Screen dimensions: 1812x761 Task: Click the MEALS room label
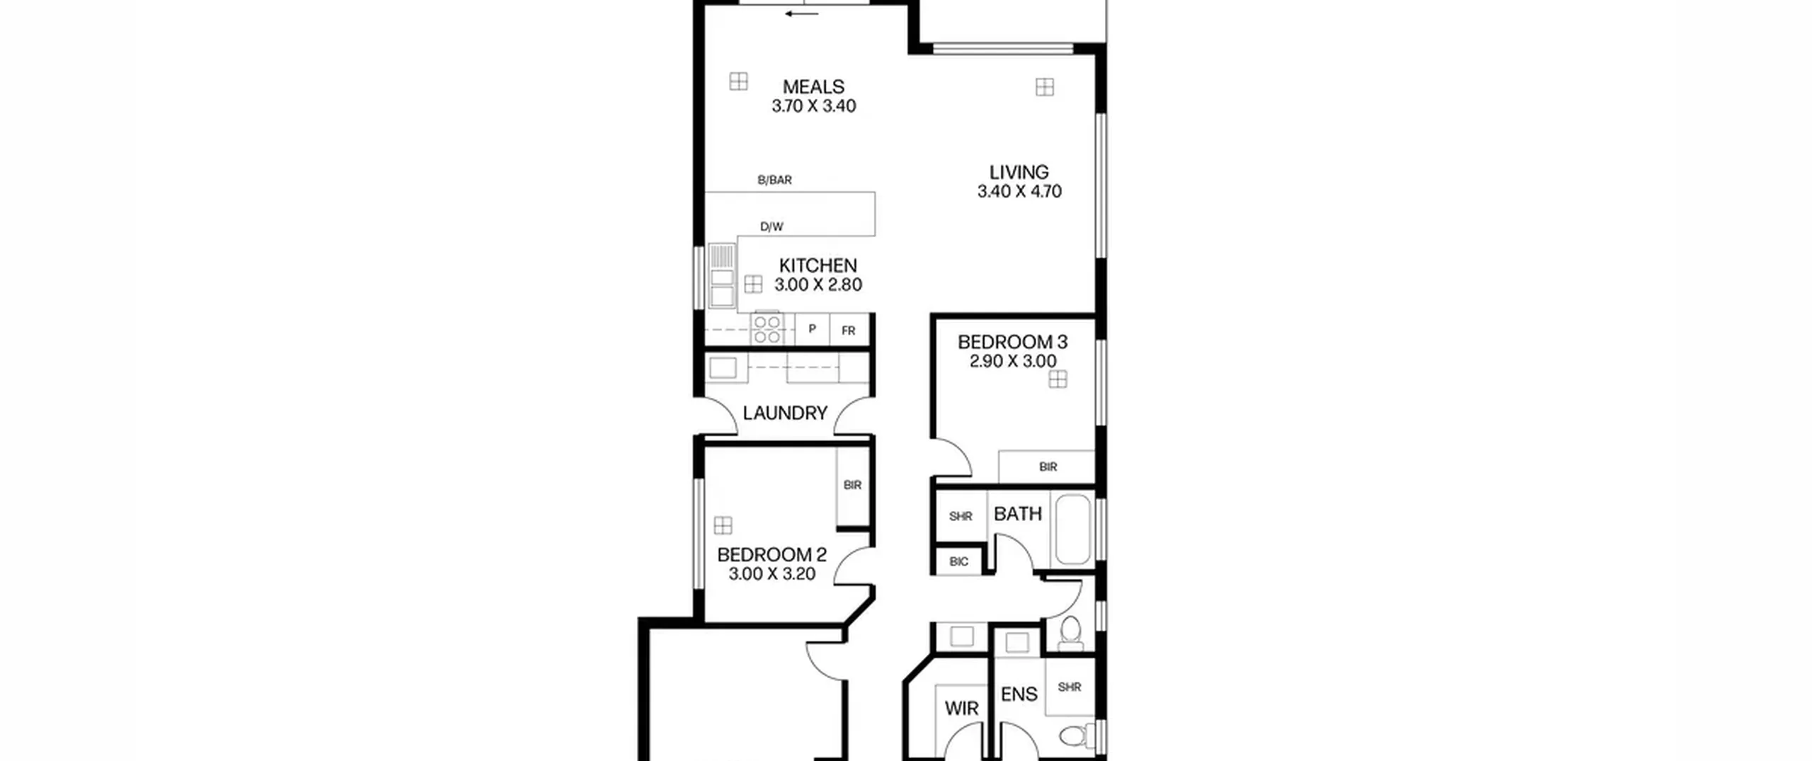(x=813, y=87)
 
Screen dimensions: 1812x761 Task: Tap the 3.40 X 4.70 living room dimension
(x=1019, y=191)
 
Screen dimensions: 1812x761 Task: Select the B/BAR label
(x=774, y=180)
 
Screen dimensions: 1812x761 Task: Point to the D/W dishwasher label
(x=772, y=227)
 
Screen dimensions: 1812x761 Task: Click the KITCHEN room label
(x=818, y=265)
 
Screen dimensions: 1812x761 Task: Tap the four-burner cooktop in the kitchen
(x=767, y=328)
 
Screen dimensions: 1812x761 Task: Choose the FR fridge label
(x=848, y=331)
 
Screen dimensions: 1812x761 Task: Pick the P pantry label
(x=812, y=329)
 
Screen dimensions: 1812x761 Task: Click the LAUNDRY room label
(x=785, y=413)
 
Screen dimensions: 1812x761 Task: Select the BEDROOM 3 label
(x=1012, y=342)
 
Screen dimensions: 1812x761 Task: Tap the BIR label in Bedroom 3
(x=1048, y=467)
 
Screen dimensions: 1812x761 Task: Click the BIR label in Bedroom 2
(x=852, y=485)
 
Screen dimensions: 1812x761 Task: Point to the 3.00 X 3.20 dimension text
(x=772, y=574)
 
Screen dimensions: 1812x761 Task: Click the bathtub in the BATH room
(x=1073, y=530)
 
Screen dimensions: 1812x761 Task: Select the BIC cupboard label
(x=959, y=562)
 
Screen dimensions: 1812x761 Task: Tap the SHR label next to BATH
(x=961, y=517)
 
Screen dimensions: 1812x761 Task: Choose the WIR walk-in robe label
(x=961, y=708)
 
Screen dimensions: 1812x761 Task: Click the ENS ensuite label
(x=1019, y=694)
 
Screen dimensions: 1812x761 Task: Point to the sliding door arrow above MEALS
(x=802, y=13)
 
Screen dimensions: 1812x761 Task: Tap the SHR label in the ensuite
(x=1070, y=687)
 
